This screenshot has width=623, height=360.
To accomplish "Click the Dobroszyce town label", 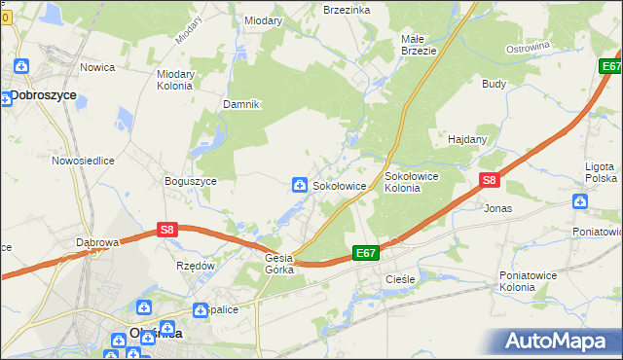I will point(44,95).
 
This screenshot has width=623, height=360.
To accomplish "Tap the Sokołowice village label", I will point(339,185).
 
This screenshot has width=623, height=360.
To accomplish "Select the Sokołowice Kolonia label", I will point(416,182).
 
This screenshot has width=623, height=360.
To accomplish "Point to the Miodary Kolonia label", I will point(175,79).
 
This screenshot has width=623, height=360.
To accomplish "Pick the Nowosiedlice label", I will point(84,160).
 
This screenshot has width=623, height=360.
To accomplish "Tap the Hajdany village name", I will point(467,139).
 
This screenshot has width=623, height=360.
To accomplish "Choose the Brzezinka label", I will point(347,9).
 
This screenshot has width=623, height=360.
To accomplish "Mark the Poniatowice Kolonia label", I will point(531,281).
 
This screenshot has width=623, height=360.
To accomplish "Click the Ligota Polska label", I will point(600,173).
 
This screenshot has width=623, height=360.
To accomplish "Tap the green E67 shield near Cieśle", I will point(365,253).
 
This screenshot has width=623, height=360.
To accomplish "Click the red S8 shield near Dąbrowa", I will point(167,231).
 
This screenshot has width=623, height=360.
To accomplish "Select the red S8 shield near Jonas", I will point(490,180).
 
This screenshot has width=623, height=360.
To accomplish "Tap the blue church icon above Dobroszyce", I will point(21,67).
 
